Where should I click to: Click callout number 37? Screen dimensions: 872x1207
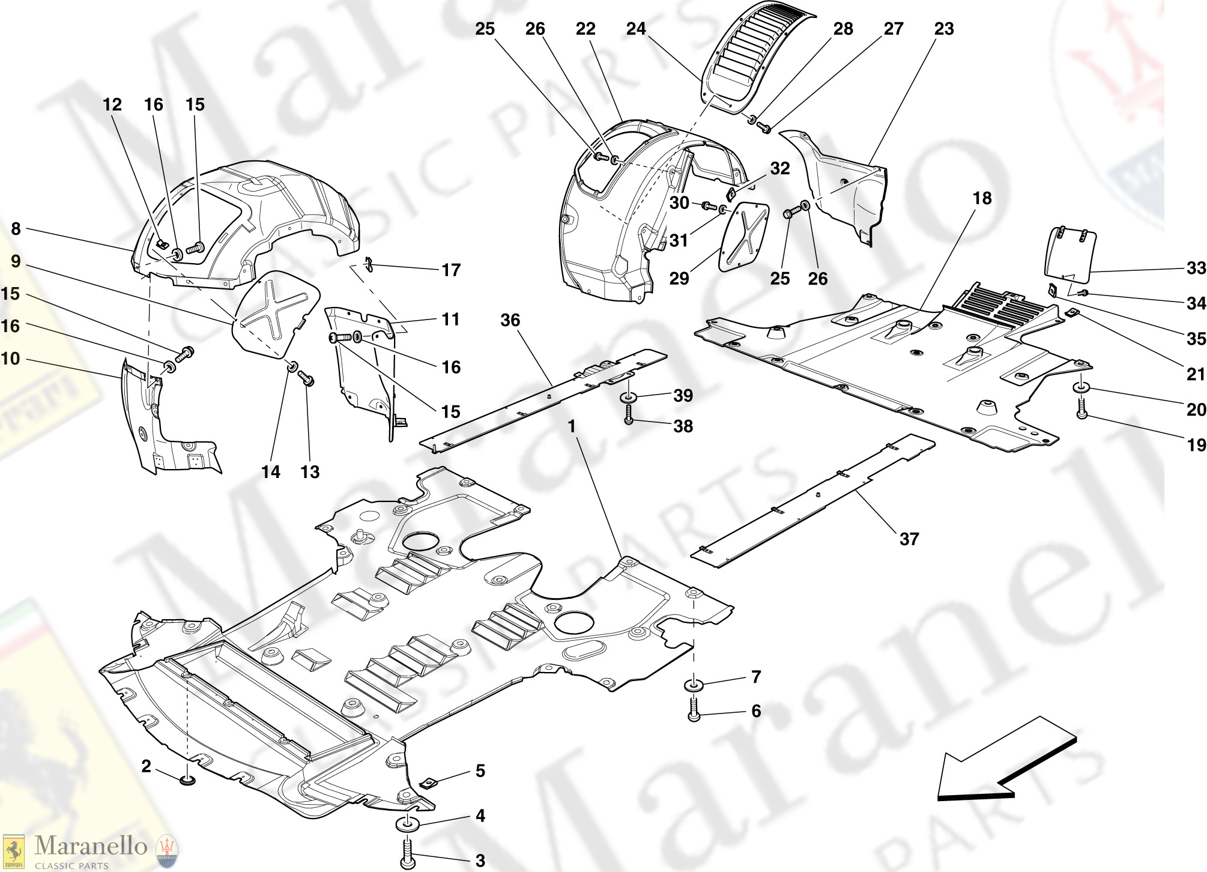tap(909, 539)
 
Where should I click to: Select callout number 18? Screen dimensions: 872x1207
tap(982, 199)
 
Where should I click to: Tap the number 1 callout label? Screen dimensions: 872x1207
tap(572, 426)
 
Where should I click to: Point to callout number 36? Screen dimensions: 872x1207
tap(510, 320)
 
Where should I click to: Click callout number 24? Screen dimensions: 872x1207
tap(636, 29)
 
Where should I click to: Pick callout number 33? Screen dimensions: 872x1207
tap(1196, 268)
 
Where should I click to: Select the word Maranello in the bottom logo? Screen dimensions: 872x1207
tap(91, 846)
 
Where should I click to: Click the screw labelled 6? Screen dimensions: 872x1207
tap(694, 709)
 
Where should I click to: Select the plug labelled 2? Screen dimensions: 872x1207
tap(188, 781)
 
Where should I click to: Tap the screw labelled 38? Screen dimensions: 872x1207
tap(629, 414)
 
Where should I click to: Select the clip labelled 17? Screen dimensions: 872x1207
tap(369, 264)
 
